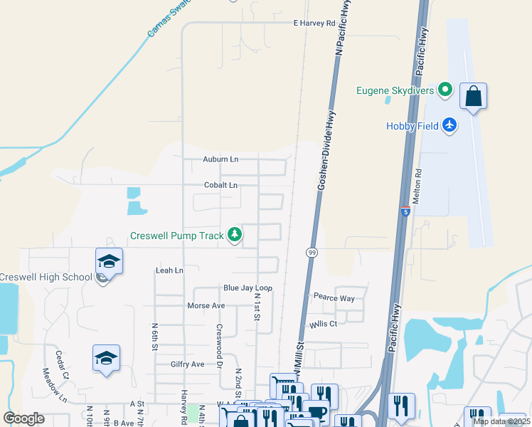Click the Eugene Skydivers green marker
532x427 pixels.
pyautogui.click(x=445, y=90)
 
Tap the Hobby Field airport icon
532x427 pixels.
pyautogui.click(x=449, y=125)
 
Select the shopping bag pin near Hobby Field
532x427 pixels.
pyautogui.click(x=473, y=96)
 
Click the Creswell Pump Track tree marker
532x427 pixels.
pyautogui.click(x=234, y=235)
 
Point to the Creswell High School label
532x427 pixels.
pyautogui.click(x=46, y=277)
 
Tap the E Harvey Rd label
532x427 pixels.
pyautogui.click(x=314, y=23)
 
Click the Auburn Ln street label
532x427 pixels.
pyautogui.click(x=220, y=159)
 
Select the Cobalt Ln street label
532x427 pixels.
pyautogui.click(x=220, y=185)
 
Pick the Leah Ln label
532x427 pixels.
pyautogui.click(x=169, y=270)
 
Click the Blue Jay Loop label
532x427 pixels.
pyautogui.click(x=248, y=288)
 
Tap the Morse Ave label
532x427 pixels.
pyautogui.click(x=206, y=305)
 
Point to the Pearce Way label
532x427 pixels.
pyautogui.click(x=334, y=298)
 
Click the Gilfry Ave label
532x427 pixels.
pyautogui.click(x=187, y=364)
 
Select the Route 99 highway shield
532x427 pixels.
pyautogui.click(x=312, y=253)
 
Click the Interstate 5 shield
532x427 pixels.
pyautogui.click(x=405, y=211)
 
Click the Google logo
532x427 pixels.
pyautogui.click(x=24, y=418)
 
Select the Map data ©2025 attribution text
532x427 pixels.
pyautogui.click(x=501, y=421)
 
